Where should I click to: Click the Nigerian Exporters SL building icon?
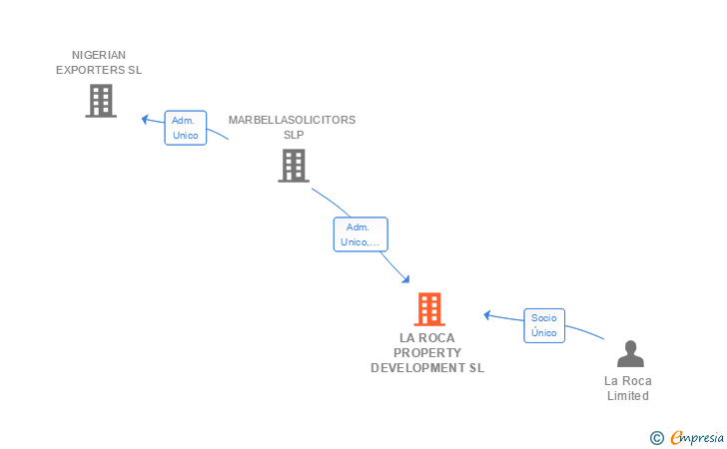pos(101,101)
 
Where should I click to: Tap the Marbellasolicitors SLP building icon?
pos(294,166)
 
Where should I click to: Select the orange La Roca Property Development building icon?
pos(429,309)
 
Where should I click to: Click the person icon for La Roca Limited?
pos(630,353)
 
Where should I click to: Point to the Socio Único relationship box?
pos(544,325)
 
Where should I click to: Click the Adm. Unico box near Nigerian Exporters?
pos(186,128)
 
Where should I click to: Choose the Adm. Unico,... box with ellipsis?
pos(361,234)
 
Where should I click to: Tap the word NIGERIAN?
pos(99,55)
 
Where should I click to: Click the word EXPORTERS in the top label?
pos(91,70)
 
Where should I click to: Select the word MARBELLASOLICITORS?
pos(292,120)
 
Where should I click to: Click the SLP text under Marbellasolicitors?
pos(294,135)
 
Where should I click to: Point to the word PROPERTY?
pos(427,353)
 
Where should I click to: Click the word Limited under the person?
pos(628,396)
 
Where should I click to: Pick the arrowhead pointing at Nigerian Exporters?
pos(145,120)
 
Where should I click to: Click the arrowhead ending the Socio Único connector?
pos(487,315)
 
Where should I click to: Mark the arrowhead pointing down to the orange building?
pos(405,279)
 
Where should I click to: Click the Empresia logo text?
pos(697,437)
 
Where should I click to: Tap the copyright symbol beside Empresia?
pos(657,438)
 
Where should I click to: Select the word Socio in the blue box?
pos(544,318)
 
